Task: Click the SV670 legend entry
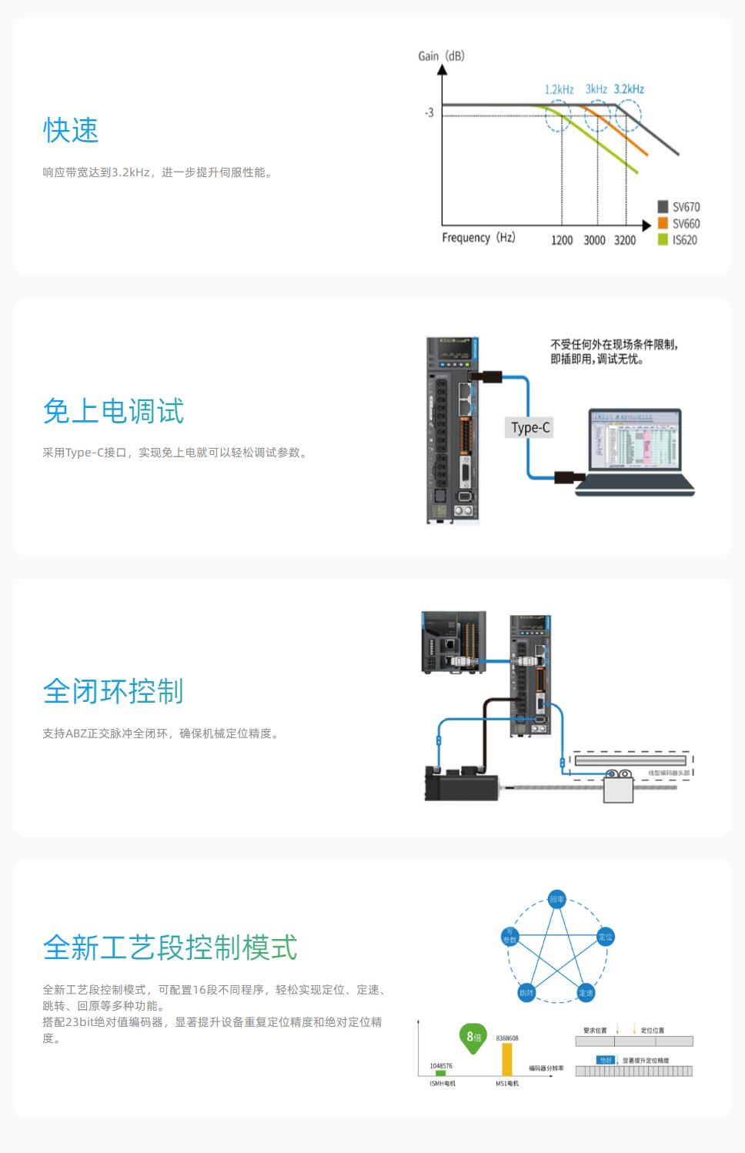pos(678,207)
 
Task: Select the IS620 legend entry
pos(678,240)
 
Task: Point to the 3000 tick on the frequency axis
pos(594,240)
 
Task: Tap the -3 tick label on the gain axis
pos(429,112)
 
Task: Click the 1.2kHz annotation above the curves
pos(559,89)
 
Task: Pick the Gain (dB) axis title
pos(441,56)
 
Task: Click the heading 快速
pos(71,130)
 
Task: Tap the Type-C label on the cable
pos(530,428)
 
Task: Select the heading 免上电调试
pos(113,410)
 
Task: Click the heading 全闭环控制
pos(113,691)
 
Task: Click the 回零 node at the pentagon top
pos(556,899)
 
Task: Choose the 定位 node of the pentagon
pos(606,937)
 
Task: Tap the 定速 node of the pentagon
pos(586,993)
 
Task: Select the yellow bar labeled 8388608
pos(506,1060)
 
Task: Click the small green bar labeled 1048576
pos(441,1073)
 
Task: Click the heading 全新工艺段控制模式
pos(170,947)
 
